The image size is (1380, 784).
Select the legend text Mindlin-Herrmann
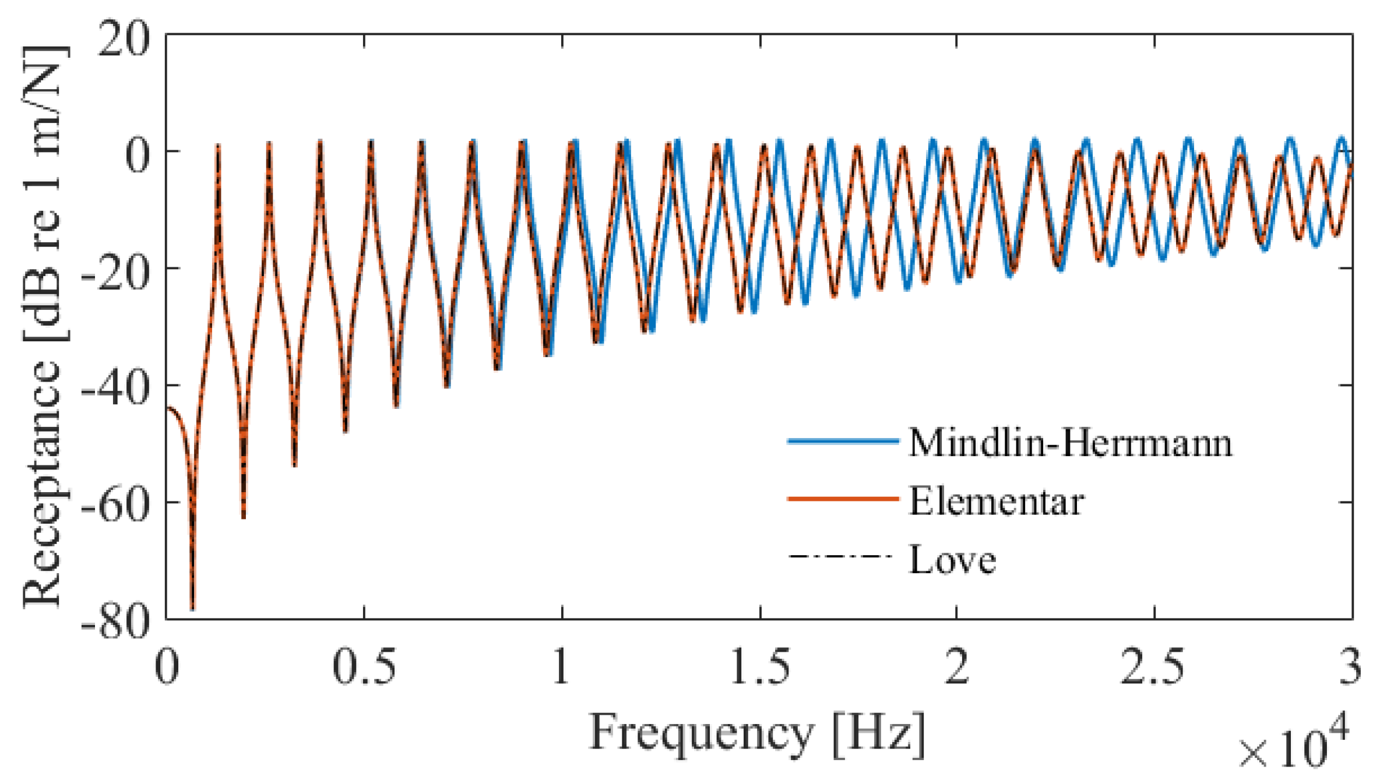pyautogui.click(x=1070, y=443)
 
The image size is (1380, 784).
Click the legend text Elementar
pyautogui.click(x=996, y=502)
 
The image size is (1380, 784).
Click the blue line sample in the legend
pyautogui.click(x=842, y=442)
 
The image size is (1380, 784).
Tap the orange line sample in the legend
pyautogui.click(x=842, y=499)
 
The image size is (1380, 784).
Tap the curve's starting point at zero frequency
pyautogui.click(x=168, y=408)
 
